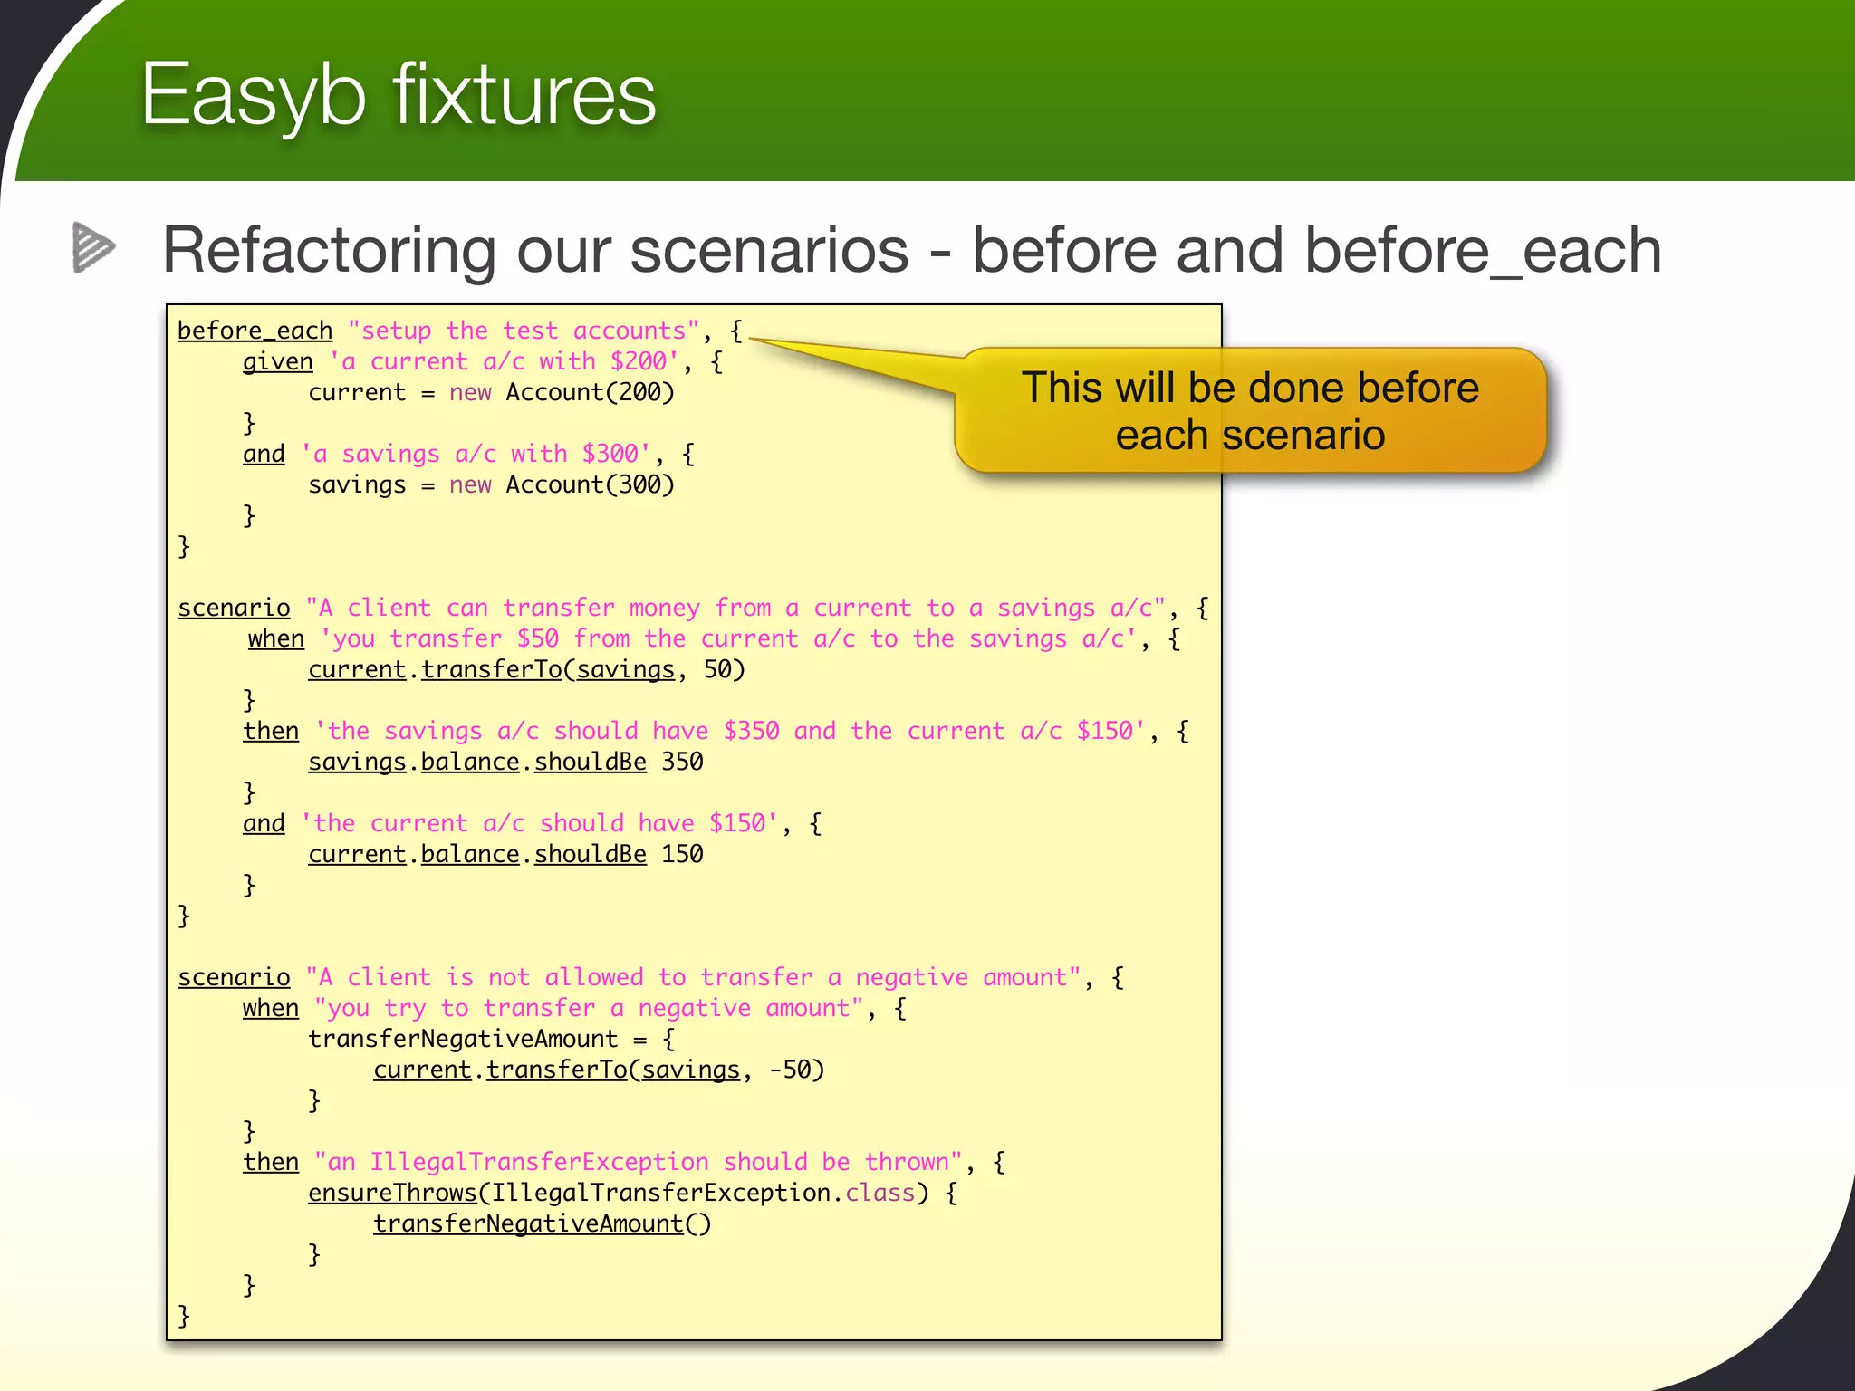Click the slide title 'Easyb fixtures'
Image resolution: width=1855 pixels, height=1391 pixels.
[399, 95]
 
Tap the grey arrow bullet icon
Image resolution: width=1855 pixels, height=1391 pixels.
[93, 247]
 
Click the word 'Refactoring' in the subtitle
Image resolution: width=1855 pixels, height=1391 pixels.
[328, 250]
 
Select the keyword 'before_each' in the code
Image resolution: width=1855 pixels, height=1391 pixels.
[255, 331]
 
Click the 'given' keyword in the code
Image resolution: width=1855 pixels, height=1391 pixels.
[277, 362]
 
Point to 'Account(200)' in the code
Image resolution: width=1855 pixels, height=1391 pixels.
[590, 393]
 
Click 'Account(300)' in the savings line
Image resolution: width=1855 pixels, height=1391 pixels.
[590, 485]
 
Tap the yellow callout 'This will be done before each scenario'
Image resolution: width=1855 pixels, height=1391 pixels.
[1250, 411]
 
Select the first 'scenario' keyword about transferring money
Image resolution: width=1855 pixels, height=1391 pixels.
[234, 609]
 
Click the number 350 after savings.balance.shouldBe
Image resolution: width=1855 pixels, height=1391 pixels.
[682, 763]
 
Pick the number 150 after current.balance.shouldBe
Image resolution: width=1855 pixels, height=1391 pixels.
[682, 855]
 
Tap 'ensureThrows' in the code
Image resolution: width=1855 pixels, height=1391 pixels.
[392, 1194]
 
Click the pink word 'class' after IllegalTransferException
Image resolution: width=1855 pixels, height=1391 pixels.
[879, 1194]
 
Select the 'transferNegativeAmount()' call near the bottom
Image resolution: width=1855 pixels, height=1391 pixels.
[542, 1224]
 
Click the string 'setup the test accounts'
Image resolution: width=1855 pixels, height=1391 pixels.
[524, 331]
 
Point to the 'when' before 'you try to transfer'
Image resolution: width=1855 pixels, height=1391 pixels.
[270, 1009]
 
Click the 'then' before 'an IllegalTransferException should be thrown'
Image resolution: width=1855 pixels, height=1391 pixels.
[270, 1163]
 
